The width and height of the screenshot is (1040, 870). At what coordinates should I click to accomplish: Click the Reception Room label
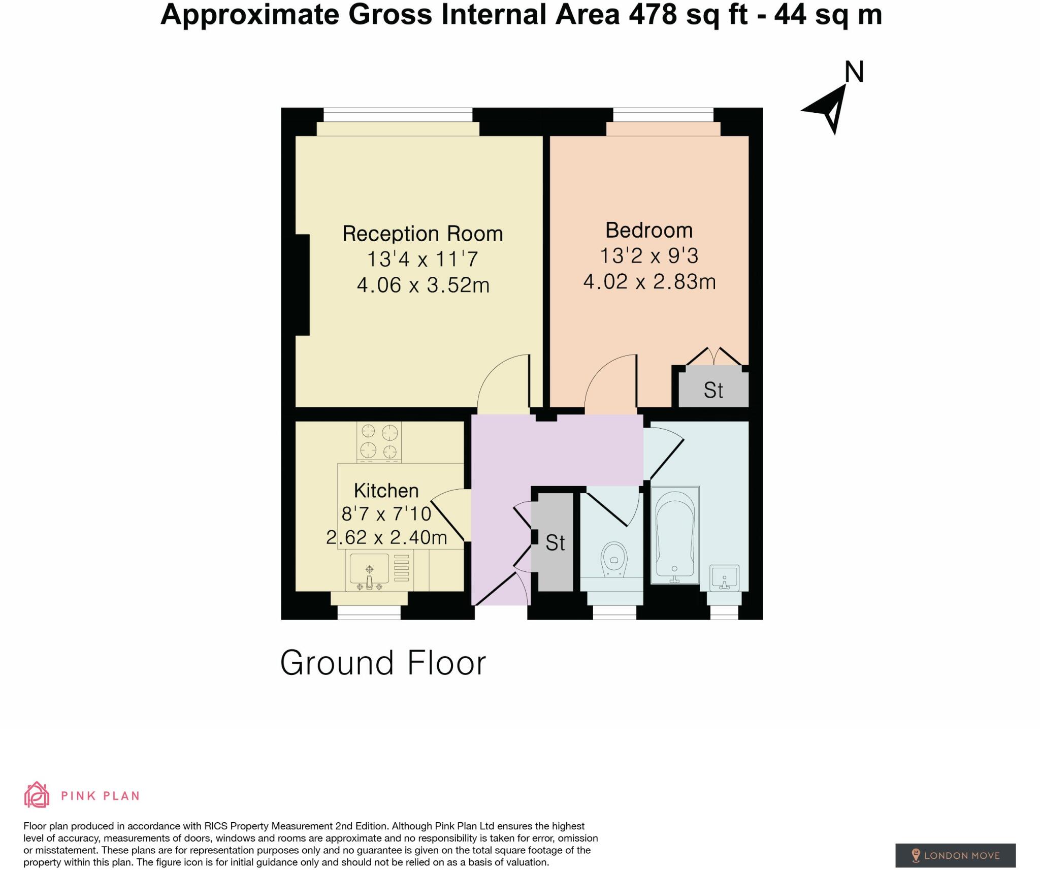[x=422, y=234]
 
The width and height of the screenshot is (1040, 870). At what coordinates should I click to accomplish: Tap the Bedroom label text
[x=649, y=231]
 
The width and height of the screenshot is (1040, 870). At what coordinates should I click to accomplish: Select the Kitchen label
[x=386, y=491]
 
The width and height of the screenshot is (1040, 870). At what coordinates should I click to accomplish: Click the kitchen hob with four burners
[x=379, y=441]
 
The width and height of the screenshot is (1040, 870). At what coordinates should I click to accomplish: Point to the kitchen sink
[x=369, y=569]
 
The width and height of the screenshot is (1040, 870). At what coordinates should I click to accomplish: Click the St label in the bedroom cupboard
[x=713, y=390]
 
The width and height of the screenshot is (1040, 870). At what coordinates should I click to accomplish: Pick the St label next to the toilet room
[x=555, y=543]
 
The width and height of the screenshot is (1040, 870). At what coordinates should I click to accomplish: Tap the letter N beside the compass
[x=854, y=73]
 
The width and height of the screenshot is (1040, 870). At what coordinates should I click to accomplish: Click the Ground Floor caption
[x=383, y=663]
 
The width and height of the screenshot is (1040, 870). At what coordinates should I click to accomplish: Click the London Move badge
[x=955, y=841]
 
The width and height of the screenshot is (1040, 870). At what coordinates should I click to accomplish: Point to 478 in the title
[x=653, y=14]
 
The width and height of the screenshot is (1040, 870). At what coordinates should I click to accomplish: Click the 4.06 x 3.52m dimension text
[x=423, y=285]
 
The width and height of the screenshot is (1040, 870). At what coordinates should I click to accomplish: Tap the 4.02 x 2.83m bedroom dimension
[x=649, y=282]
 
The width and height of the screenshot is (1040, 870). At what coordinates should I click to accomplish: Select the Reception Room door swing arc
[x=500, y=378]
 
